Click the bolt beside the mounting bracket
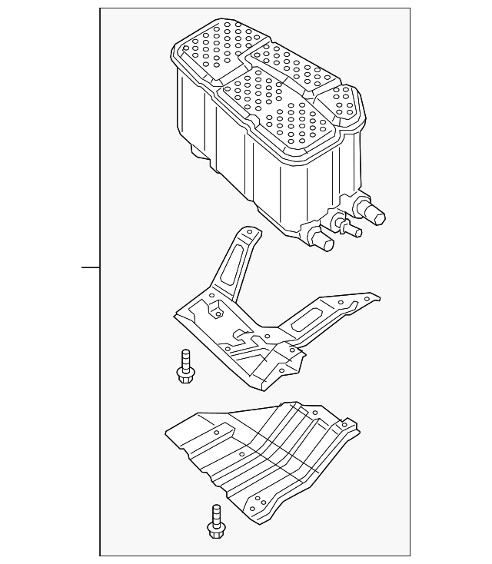coord(184,366)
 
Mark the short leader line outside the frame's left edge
coord(91,267)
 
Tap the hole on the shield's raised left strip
coord(217,433)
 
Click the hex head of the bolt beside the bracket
coord(184,375)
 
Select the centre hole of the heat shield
coord(243,456)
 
